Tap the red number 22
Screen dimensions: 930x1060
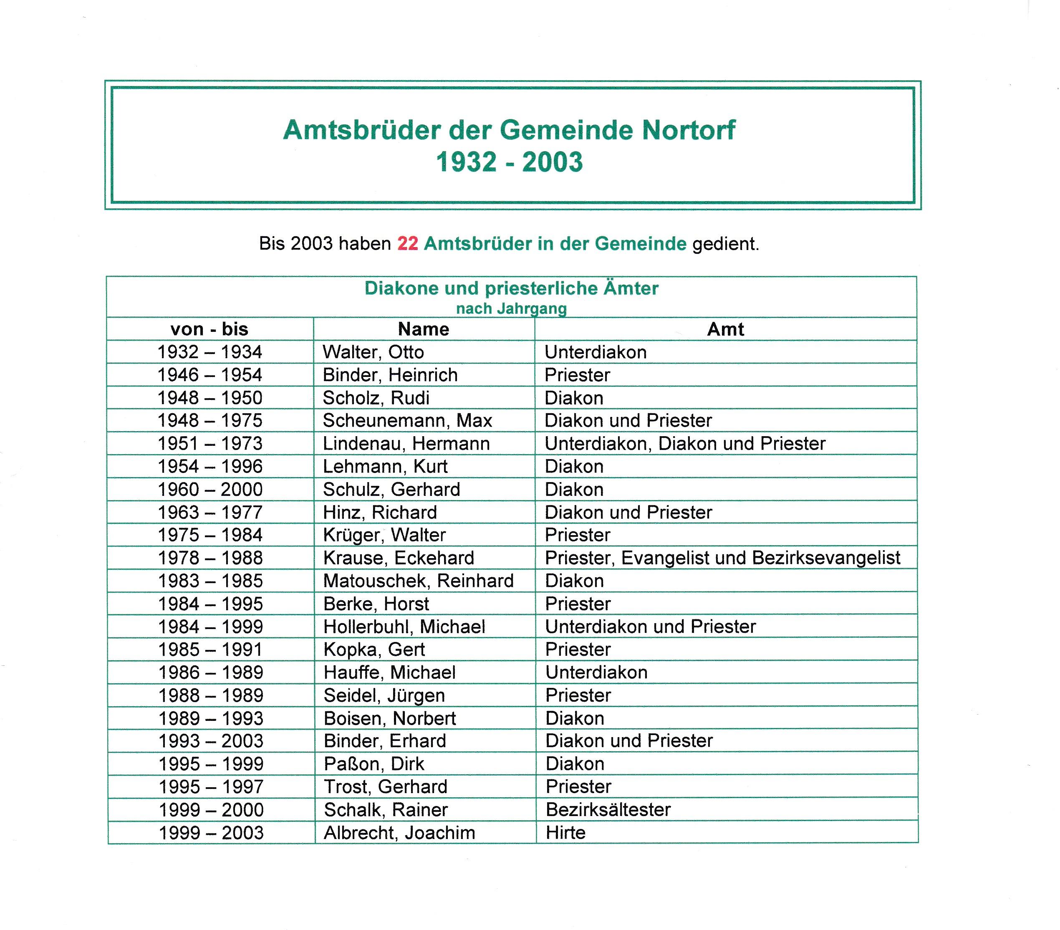click(x=408, y=243)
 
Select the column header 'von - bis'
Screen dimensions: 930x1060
click(x=209, y=329)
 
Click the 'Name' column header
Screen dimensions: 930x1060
click(x=423, y=329)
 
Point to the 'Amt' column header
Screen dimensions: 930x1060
click(x=725, y=329)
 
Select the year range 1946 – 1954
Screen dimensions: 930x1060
click(x=209, y=375)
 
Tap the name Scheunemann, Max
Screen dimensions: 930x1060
click(x=407, y=421)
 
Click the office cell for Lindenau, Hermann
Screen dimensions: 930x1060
click(x=684, y=443)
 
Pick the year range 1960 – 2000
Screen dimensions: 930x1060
click(x=210, y=489)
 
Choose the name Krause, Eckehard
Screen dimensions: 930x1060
click(x=398, y=558)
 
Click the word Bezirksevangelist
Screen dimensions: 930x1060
click(x=826, y=558)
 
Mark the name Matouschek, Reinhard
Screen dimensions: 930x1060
click(x=418, y=581)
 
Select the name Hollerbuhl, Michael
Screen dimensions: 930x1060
click(x=404, y=627)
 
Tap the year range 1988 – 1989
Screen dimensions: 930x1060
click(x=211, y=695)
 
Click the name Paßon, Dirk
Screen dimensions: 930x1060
click(x=374, y=764)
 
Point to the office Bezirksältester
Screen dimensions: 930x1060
click(x=608, y=810)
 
